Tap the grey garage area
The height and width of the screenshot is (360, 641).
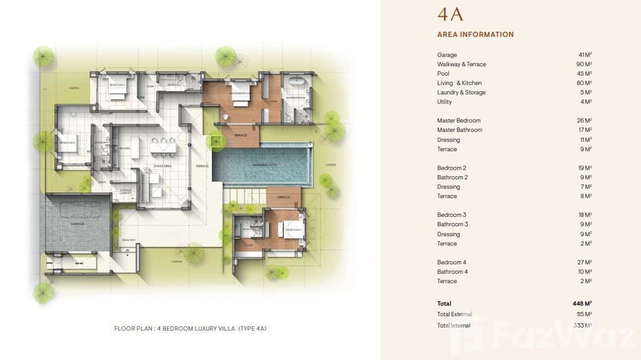pos(78,222)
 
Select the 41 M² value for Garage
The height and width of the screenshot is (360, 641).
pos(585,55)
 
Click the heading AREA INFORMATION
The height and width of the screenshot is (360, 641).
pos(475,34)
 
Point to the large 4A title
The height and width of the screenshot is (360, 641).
pos(450,14)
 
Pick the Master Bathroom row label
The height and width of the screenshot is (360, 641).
pos(459,130)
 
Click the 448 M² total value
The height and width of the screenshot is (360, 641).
pos(582,303)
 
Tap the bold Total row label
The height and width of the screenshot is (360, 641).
pos(444,303)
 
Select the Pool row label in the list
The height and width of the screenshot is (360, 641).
pos(443,74)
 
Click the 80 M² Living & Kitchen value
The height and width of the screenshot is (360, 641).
pos(585,83)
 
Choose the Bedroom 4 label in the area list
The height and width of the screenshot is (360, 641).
pos(451,262)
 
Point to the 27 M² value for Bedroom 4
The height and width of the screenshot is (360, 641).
pos(585,262)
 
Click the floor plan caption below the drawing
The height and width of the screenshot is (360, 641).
pos(190,328)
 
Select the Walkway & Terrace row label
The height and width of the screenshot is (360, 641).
pos(461,64)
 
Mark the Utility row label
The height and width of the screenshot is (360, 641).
pos(444,102)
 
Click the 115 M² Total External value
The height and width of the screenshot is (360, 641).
pos(584,314)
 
